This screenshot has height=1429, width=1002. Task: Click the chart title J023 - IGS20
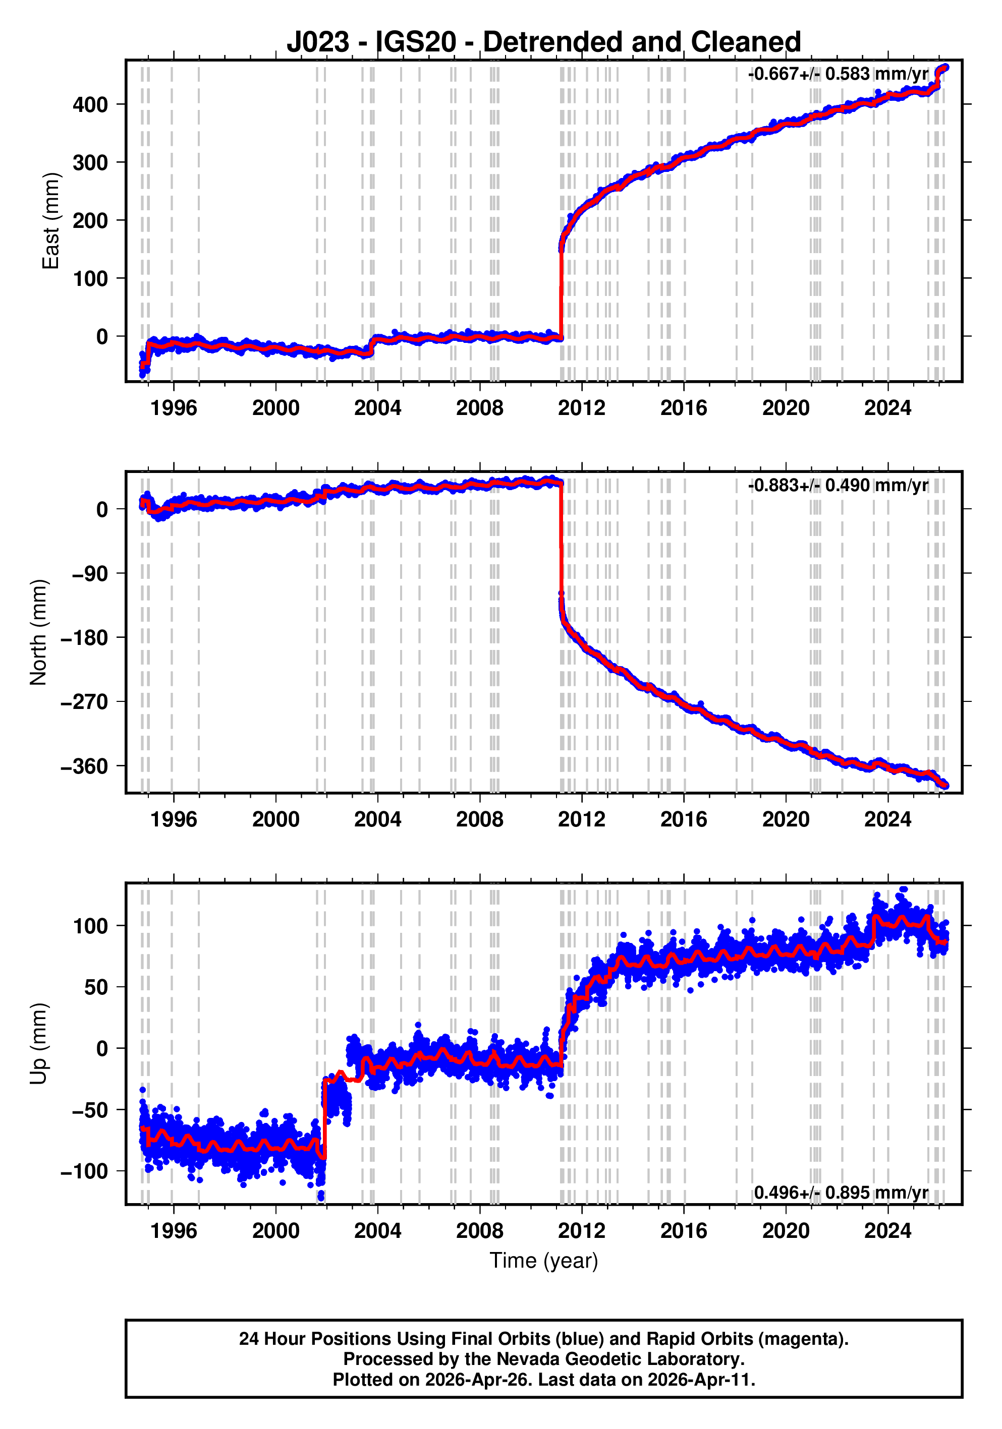[543, 42]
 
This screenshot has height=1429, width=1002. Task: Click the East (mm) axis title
[50, 221]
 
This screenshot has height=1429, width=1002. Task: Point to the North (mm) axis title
[39, 632]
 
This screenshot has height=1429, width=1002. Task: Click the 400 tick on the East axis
[90, 104]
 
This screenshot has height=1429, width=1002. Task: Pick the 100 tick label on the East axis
[90, 278]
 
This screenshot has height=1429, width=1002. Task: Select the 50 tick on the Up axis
[96, 987]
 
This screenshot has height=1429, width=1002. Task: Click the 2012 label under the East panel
[582, 408]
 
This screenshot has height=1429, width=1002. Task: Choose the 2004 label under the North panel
[377, 820]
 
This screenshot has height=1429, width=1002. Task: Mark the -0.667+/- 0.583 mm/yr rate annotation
[838, 74]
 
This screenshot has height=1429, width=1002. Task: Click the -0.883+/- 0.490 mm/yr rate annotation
[838, 486]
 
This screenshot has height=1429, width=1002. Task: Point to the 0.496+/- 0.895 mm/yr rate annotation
[841, 1193]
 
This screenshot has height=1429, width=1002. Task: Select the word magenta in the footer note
[806, 1338]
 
